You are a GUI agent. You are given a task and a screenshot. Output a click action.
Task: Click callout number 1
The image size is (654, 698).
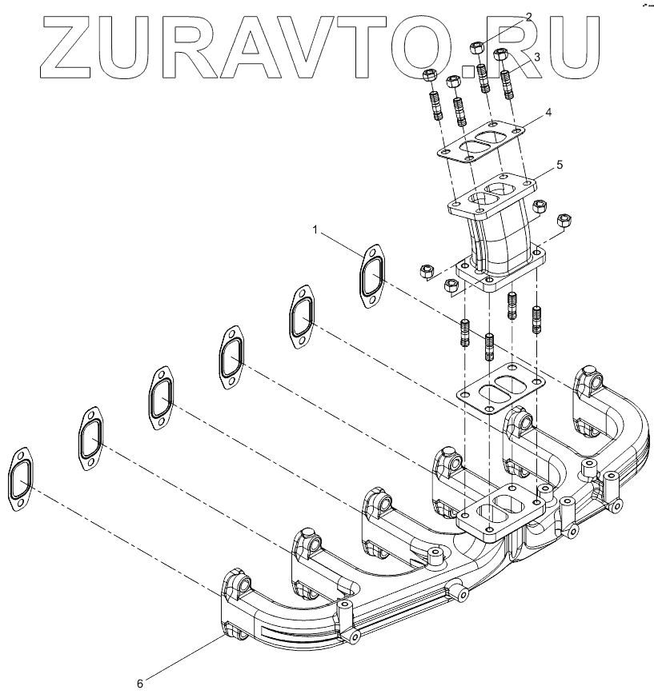tap(316, 229)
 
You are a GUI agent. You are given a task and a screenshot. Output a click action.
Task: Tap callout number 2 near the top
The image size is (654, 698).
tap(528, 16)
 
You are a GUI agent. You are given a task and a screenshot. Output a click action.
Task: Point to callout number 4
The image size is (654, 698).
tap(548, 113)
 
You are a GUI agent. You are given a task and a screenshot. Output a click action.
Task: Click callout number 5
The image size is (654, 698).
tap(560, 166)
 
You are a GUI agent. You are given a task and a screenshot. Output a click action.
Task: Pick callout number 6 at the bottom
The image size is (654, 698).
tap(140, 684)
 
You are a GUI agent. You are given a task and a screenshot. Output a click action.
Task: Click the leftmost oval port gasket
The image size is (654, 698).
tap(20, 478)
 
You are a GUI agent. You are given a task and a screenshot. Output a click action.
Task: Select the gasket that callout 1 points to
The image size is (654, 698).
tap(371, 276)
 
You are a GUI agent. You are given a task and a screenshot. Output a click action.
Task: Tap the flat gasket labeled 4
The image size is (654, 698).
tap(480, 143)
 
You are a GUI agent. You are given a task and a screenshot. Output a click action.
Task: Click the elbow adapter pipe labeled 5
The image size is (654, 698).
tap(500, 232)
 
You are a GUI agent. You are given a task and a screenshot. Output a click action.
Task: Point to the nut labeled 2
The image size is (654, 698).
tap(475, 50)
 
